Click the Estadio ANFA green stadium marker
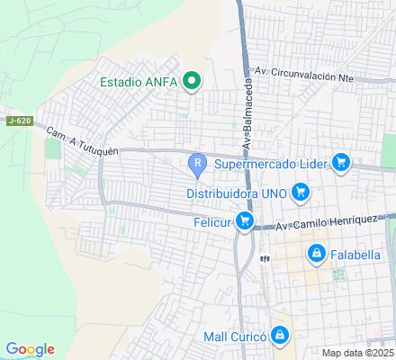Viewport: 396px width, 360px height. click(x=191, y=82)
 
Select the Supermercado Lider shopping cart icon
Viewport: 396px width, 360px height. click(x=340, y=163)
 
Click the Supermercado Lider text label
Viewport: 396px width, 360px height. click(x=272, y=164)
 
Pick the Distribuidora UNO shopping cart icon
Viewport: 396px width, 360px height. click(x=301, y=192)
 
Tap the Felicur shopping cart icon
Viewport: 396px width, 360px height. click(x=245, y=221)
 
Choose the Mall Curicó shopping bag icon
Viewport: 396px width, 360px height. click(x=281, y=336)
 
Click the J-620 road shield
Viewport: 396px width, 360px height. click(x=18, y=121)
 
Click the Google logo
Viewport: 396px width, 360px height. click(x=30, y=349)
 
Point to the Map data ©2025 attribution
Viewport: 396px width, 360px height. click(x=357, y=352)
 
